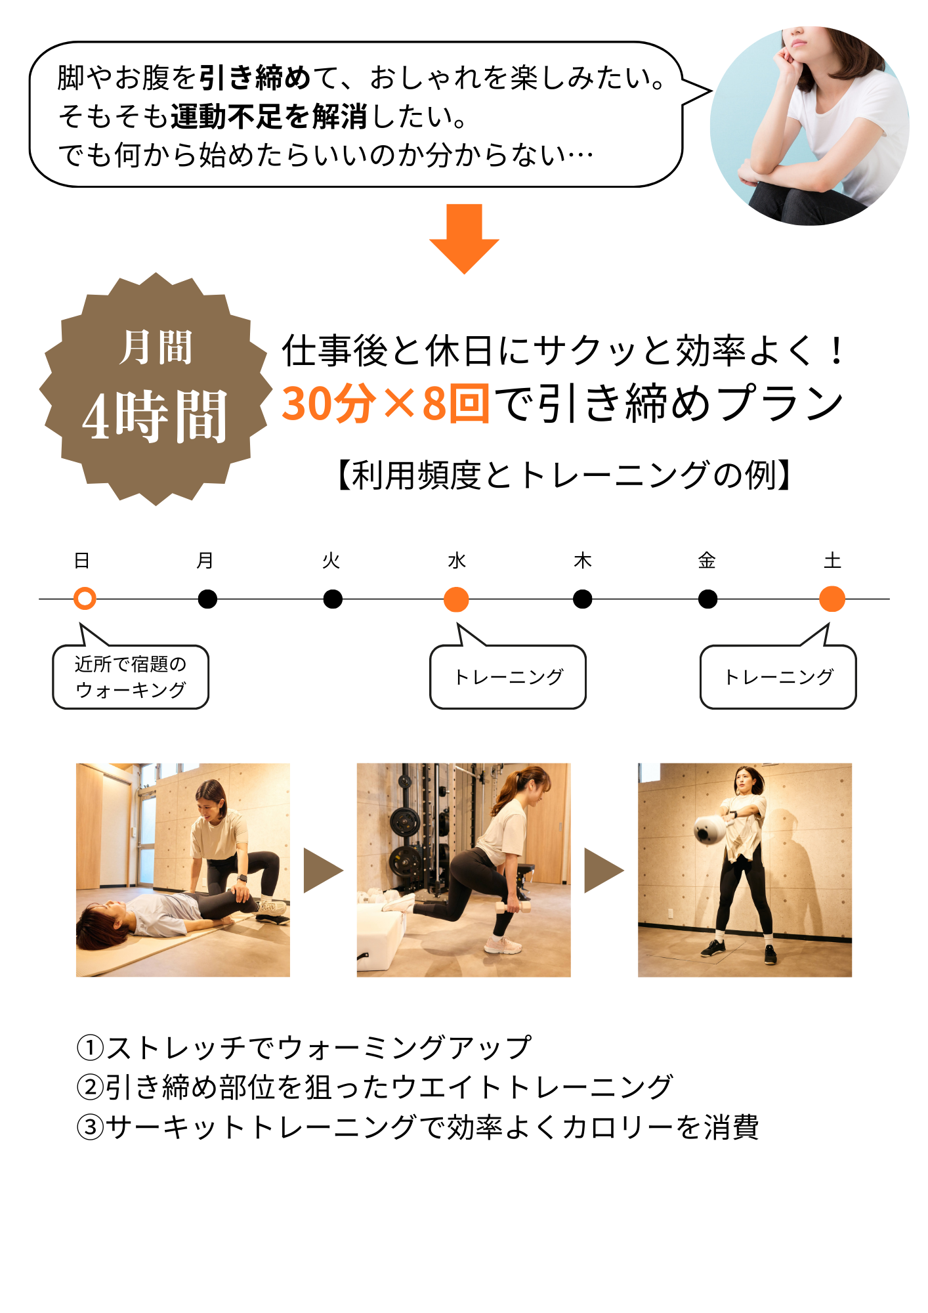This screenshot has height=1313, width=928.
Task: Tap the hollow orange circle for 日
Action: [x=85, y=599]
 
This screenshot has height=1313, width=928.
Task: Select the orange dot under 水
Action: [x=456, y=599]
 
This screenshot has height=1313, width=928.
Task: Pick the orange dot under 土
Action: [x=832, y=599]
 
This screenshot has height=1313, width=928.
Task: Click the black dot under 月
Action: [x=207, y=599]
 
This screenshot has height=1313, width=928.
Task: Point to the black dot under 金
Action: [x=707, y=599]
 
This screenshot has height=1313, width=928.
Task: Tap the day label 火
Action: [x=331, y=561]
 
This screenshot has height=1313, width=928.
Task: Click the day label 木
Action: [x=583, y=561]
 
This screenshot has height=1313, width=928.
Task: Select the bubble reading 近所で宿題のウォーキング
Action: [x=131, y=676]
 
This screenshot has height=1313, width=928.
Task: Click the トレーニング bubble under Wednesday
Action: [x=508, y=676]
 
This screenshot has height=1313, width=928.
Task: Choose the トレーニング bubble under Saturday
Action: [x=778, y=676]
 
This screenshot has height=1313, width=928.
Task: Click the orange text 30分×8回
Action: [x=386, y=403]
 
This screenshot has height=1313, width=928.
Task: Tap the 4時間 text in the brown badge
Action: [x=155, y=416]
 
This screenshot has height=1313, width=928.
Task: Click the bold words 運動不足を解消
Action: [x=269, y=117]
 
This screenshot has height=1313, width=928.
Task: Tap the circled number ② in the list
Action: [x=90, y=1088]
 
